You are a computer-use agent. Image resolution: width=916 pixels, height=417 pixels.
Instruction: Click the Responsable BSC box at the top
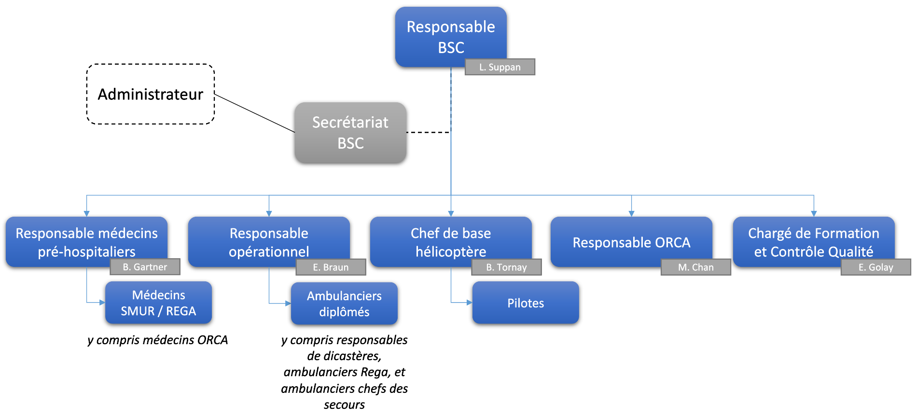[x=451, y=37]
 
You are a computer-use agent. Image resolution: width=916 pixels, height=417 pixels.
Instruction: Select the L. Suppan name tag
[x=500, y=67]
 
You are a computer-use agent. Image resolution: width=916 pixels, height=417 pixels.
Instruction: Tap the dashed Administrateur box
[x=150, y=94]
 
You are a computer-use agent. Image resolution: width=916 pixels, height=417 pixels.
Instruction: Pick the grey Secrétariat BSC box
[x=350, y=133]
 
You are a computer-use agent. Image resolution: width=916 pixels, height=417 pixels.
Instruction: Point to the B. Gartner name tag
[x=145, y=267]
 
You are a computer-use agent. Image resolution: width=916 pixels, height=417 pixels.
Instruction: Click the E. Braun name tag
[x=331, y=267]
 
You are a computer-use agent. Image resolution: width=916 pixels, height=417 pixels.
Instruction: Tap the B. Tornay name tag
[x=506, y=267]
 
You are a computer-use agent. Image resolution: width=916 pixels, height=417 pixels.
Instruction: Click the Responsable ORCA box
[x=631, y=241]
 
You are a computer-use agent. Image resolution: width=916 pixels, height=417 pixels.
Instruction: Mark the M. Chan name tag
[x=695, y=267]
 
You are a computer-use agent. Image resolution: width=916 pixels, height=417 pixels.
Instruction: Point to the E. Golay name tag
[x=875, y=267]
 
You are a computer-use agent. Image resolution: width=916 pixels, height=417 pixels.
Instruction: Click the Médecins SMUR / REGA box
[x=158, y=303]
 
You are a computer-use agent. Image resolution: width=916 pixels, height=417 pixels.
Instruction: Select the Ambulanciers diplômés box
[x=344, y=304]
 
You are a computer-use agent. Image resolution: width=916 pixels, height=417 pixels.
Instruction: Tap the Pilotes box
[x=526, y=303]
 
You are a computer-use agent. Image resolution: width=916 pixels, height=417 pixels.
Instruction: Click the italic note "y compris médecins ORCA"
[x=157, y=340]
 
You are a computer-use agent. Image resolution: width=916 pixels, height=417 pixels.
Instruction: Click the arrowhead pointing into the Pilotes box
[x=469, y=303]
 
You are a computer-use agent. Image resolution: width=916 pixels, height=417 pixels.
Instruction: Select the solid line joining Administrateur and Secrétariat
[x=254, y=113]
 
